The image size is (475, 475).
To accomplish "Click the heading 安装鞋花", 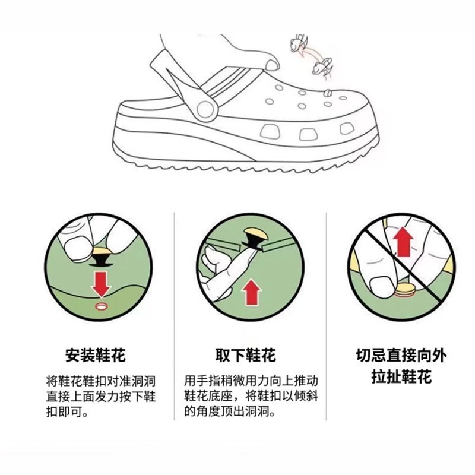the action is [95, 355].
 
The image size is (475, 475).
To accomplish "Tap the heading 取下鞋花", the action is [246, 355].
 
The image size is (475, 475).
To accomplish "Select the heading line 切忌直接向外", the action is [401, 355].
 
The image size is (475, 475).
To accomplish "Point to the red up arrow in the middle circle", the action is [251, 292].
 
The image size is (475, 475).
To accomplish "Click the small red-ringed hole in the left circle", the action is [101, 306].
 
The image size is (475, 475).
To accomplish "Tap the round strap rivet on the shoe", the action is [205, 109].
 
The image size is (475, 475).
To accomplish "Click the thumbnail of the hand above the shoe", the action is [272, 65].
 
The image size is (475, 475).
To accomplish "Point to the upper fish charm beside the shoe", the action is [299, 43].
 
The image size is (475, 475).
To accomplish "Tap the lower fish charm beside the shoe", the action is [322, 66].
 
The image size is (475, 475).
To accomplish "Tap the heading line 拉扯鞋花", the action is [401, 377].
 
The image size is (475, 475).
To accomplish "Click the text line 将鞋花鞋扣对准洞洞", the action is [101, 381].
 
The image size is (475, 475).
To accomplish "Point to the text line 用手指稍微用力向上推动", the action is [251, 381].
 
